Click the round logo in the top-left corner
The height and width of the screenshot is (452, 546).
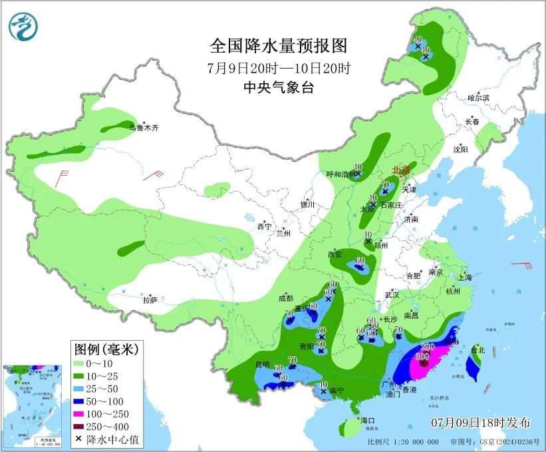(x=23, y=25)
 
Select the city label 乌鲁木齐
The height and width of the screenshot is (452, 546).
(x=144, y=128)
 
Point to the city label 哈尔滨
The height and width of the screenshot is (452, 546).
(x=478, y=98)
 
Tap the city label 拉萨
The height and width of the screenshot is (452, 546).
(x=150, y=300)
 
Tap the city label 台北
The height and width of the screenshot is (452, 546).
(x=478, y=349)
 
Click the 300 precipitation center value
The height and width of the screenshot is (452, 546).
(x=422, y=356)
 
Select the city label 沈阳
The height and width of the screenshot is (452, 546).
(x=460, y=150)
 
